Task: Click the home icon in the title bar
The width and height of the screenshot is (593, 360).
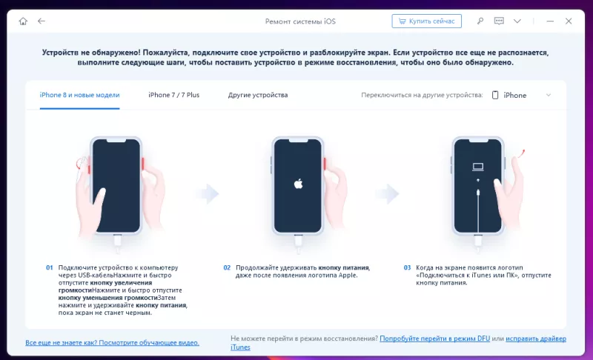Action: (x=23, y=21)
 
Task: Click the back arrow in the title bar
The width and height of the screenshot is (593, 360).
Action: (x=42, y=21)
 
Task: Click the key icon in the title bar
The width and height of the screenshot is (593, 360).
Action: (x=480, y=21)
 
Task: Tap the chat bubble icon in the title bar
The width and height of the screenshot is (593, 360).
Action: (x=499, y=21)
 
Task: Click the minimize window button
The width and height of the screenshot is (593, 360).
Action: (x=550, y=21)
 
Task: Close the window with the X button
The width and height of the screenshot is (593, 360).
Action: (x=569, y=21)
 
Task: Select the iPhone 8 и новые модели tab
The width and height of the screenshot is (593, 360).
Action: (x=79, y=96)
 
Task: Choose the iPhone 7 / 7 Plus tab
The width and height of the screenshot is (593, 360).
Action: (x=173, y=96)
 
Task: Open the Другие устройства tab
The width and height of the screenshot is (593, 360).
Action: (x=258, y=96)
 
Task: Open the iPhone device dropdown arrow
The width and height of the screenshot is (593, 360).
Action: (x=549, y=96)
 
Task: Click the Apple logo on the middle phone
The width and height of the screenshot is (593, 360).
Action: (x=299, y=184)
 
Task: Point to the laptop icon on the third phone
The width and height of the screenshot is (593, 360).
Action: (x=478, y=167)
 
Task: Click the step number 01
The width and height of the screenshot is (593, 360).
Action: (x=50, y=267)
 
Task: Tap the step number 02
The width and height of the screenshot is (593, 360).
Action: (x=227, y=267)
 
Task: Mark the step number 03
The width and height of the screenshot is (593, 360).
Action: (x=407, y=267)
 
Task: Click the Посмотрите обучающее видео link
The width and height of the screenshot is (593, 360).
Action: (x=149, y=343)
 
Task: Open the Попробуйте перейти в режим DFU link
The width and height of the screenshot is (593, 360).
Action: (x=434, y=339)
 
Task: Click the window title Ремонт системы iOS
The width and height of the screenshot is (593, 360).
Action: (x=300, y=21)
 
